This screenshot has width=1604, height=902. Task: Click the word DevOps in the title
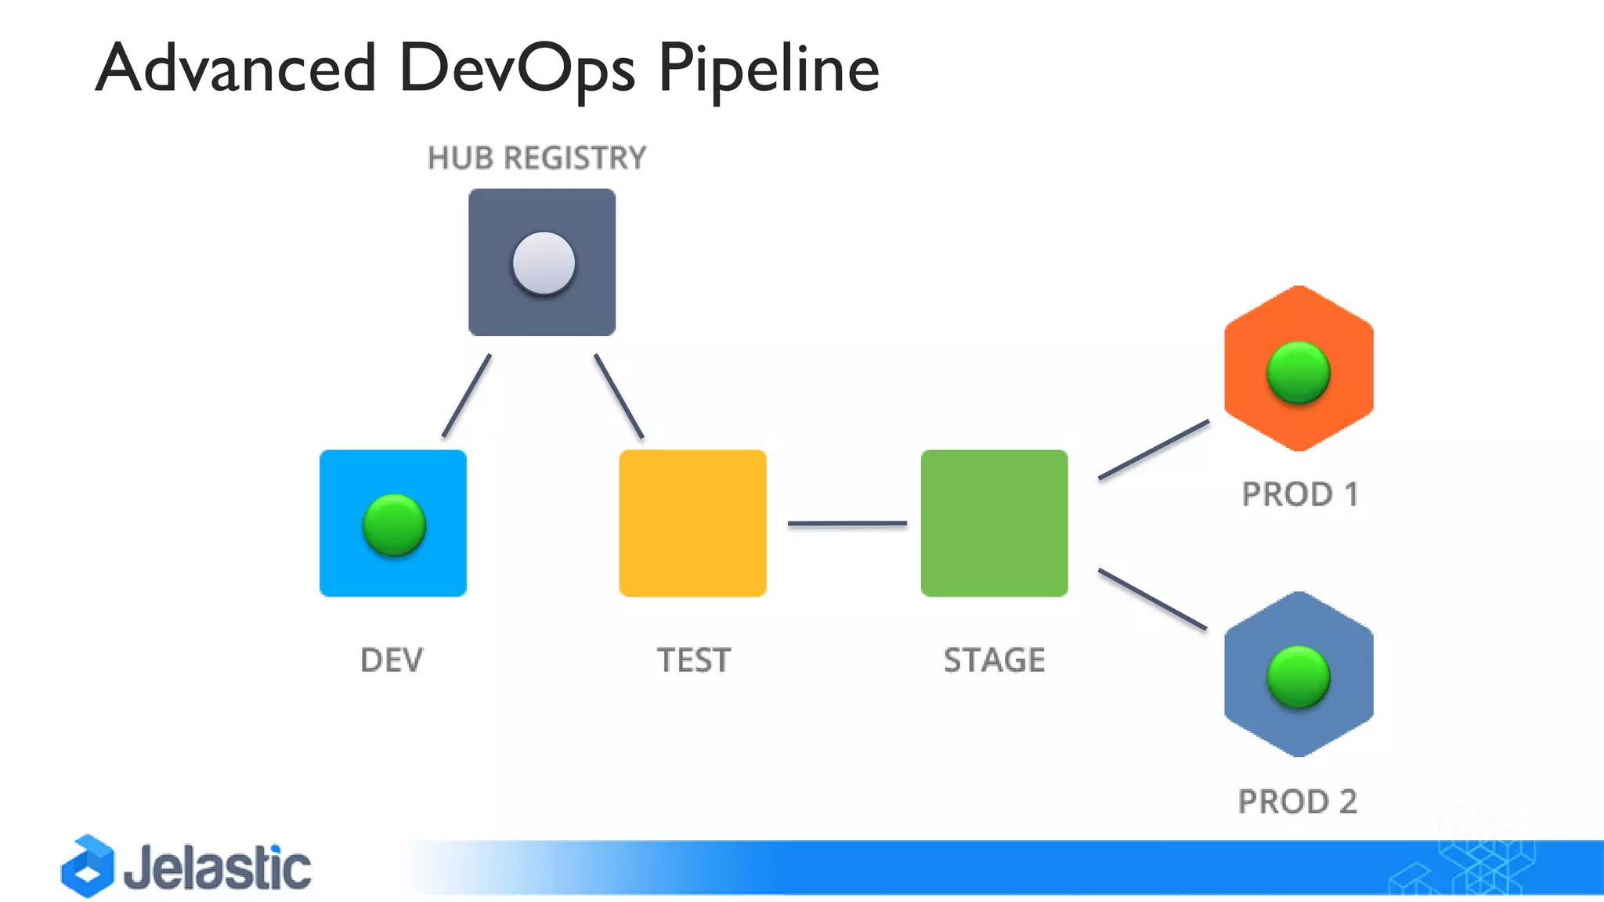coord(516,69)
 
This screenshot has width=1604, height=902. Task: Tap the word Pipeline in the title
coord(768,69)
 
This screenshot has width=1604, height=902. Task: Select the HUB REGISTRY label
coord(536,158)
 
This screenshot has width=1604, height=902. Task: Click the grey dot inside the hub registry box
coord(544,263)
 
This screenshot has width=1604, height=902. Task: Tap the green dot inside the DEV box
coord(394,525)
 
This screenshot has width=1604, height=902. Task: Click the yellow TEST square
coord(692,523)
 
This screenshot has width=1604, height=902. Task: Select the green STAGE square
coord(994,523)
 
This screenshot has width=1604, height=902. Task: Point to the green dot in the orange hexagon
coord(1298,373)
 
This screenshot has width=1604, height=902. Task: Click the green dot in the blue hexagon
coord(1298,677)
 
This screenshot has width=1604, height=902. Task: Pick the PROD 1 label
coord(1299,494)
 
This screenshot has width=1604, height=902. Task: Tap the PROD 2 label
coord(1297,802)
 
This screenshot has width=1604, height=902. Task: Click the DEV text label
coord(392,660)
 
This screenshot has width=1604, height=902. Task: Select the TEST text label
coord(693,660)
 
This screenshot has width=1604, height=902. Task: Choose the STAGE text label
coord(994,660)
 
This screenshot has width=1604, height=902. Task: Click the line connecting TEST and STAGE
coord(847,523)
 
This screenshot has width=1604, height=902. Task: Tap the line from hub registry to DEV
coord(467,395)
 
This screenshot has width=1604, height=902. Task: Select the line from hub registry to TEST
coord(619,395)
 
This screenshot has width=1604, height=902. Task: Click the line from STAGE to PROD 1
coord(1154,449)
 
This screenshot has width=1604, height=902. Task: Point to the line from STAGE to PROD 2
coord(1152,599)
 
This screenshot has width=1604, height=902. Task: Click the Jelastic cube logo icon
coord(88,867)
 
